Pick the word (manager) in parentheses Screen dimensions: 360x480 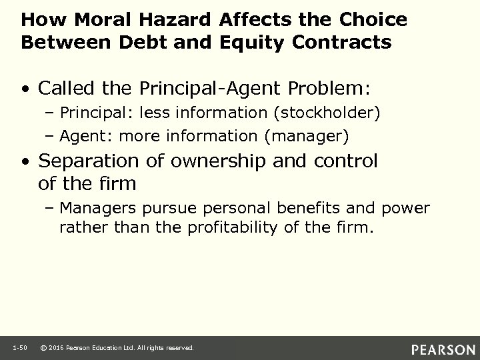pos(306,137)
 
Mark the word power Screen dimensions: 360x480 pos(406,208)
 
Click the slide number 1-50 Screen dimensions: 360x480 pos(19,348)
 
